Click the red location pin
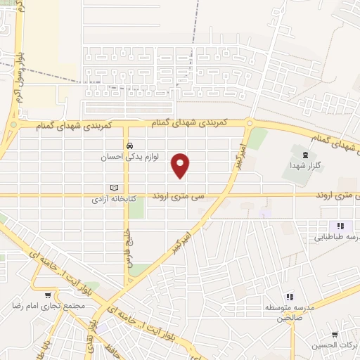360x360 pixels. coord(181,165)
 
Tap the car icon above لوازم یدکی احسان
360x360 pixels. coord(129,146)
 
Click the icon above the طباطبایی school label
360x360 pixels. coord(341,226)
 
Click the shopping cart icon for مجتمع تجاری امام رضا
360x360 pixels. coord(48,295)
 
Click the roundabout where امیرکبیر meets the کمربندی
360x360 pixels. coord(249,124)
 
